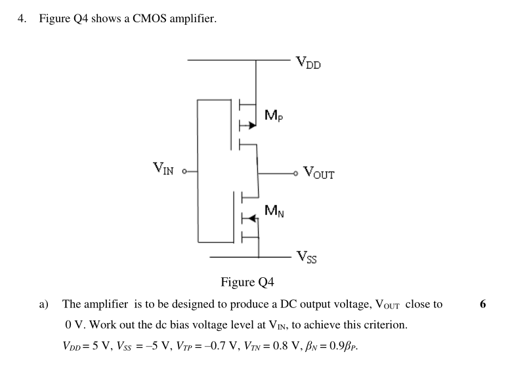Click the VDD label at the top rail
click(308, 63)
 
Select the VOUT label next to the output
click(318, 174)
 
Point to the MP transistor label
click(274, 116)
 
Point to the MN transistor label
click(274, 211)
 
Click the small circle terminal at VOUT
click(297, 173)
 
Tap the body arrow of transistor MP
click(249, 125)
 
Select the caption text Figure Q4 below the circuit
click(247, 282)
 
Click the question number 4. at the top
click(23, 19)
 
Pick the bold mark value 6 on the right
click(483, 304)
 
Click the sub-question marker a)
click(44, 304)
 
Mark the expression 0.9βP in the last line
click(345, 346)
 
